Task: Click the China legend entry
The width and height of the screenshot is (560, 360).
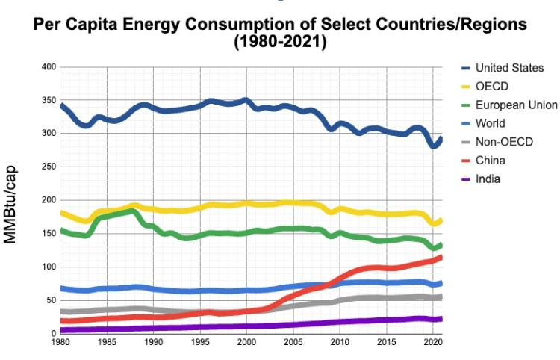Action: [491, 160]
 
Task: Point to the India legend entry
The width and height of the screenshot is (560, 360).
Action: [488, 179]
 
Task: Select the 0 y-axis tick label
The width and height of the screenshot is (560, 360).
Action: [53, 334]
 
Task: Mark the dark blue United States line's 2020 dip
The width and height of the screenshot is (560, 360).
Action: [434, 146]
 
